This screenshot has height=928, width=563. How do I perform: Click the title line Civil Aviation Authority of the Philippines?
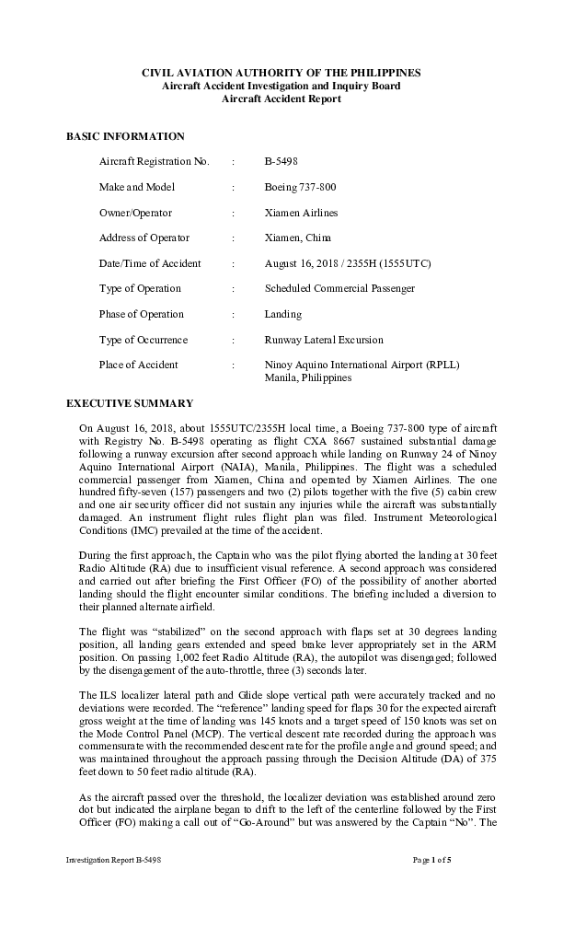coord(281,72)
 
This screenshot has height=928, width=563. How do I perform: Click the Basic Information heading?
coord(125,136)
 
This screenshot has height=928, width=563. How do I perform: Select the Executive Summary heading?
coord(130,403)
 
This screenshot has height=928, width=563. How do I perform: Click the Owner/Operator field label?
coord(135,213)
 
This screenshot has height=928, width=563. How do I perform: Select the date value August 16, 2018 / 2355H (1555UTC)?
coord(347,263)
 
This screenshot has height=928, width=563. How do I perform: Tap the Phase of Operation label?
coord(141,314)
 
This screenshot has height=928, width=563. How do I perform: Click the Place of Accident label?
coord(139,365)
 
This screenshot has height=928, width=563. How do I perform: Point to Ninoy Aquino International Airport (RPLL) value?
coord(362,365)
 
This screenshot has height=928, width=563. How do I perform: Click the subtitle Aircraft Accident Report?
coord(281,99)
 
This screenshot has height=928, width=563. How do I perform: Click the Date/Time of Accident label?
coord(150,263)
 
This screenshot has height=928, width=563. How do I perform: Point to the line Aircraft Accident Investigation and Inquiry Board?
coord(281,86)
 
